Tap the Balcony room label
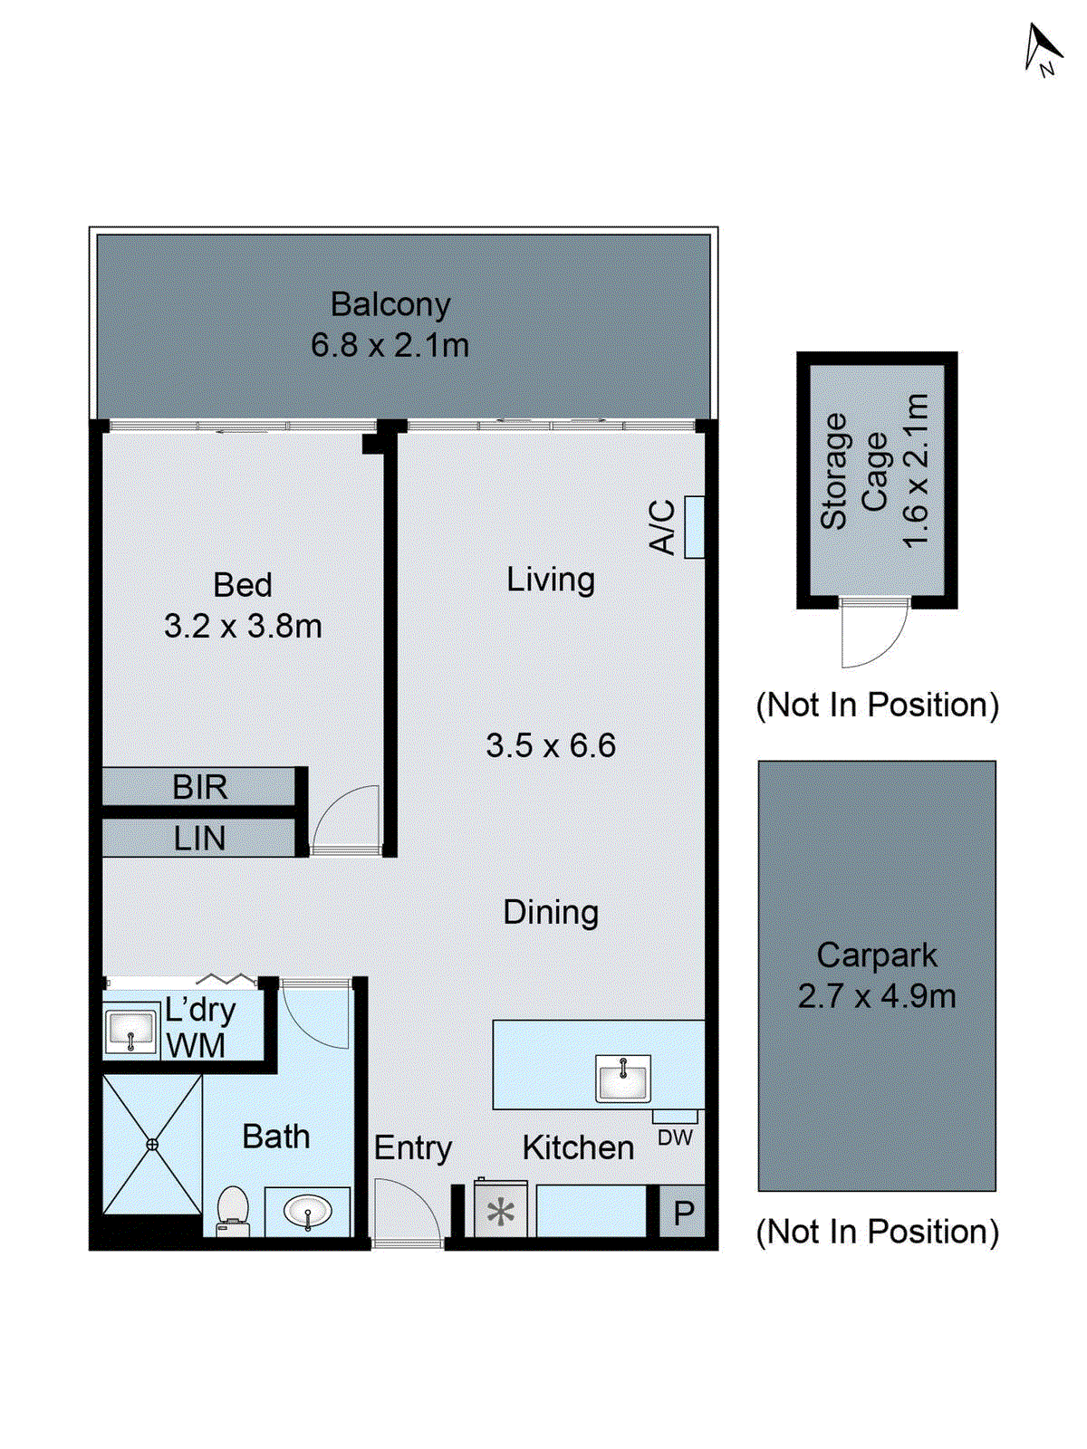390,304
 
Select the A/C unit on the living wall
694,527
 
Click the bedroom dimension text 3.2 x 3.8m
243,627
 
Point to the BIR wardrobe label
199,787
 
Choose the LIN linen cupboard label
199,839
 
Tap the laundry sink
131,1031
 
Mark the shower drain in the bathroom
152,1145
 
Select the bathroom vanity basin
308,1211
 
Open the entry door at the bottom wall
407,1214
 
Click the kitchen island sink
623,1079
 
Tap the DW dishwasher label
675,1138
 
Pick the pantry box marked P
684,1213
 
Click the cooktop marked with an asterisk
501,1212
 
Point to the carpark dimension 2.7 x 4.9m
876,997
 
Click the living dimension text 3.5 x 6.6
550,746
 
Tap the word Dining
551,912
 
